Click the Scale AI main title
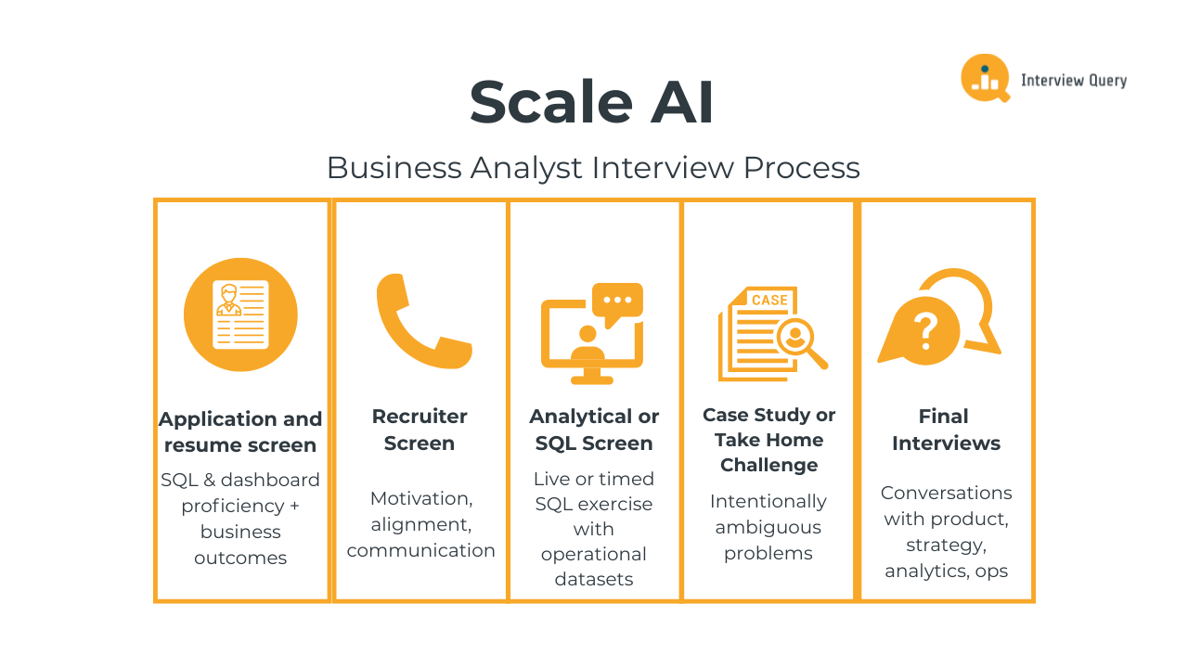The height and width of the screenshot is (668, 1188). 592,102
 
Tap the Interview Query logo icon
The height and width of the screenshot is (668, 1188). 984,78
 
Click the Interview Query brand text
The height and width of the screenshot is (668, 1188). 1074,81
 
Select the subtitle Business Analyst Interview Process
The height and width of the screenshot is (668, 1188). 593,168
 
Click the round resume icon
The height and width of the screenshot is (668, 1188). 240,315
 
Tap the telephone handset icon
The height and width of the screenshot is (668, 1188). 423,321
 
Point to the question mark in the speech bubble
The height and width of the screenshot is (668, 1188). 924,329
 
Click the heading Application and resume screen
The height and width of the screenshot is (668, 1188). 240,432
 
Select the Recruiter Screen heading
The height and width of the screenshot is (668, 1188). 420,430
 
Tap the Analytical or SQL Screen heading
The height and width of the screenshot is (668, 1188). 594,430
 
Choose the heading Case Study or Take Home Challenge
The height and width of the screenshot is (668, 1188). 768,440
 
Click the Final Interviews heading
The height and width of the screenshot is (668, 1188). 946,430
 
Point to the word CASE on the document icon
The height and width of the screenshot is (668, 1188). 769,300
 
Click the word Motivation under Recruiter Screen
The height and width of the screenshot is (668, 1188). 420,498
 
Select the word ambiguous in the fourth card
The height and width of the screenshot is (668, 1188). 768,527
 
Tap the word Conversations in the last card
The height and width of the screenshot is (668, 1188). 946,493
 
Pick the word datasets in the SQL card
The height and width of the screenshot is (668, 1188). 594,579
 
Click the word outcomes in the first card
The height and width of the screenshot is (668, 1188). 240,558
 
